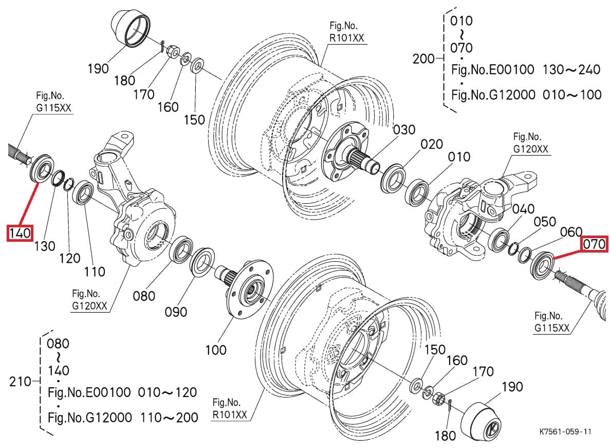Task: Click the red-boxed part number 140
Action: [x=20, y=233]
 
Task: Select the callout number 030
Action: [x=403, y=130]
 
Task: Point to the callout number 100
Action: [x=215, y=350]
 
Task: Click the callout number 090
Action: [x=175, y=312]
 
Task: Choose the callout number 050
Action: [x=544, y=222]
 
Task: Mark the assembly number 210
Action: [x=21, y=382]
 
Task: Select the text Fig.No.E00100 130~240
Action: [x=525, y=69]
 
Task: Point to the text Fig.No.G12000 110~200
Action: [x=122, y=417]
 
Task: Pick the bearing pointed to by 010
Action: [x=418, y=192]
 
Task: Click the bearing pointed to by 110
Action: [x=83, y=193]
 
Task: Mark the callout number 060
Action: [x=570, y=232]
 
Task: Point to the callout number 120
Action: [x=69, y=258]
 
